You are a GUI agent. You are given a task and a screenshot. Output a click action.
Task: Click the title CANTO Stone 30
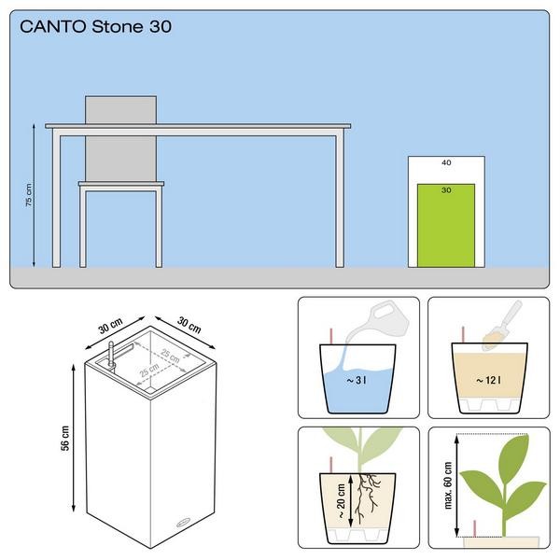(96, 27)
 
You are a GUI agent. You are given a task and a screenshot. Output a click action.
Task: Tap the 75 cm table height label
(29, 195)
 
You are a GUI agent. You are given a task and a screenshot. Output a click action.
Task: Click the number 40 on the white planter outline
(446, 162)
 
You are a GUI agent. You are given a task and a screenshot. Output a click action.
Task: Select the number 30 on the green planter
(446, 190)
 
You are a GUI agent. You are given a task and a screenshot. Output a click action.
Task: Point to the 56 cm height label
(65, 439)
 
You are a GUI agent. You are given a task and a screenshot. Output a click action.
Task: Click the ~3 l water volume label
(357, 381)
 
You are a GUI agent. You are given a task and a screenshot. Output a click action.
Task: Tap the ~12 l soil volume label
(488, 381)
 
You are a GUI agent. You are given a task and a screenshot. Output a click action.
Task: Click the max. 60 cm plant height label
(448, 484)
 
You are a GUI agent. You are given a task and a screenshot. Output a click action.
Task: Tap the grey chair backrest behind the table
(120, 138)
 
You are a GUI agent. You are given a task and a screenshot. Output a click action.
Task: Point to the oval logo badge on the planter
(185, 524)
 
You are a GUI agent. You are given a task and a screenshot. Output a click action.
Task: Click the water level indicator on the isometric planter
(111, 355)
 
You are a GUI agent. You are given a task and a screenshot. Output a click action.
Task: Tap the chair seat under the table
(121, 184)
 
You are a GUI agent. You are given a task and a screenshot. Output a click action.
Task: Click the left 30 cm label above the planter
(111, 326)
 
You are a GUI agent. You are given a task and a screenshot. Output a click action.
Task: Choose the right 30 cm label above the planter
(189, 325)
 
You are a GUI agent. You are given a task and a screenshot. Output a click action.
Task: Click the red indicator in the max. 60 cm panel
(475, 528)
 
